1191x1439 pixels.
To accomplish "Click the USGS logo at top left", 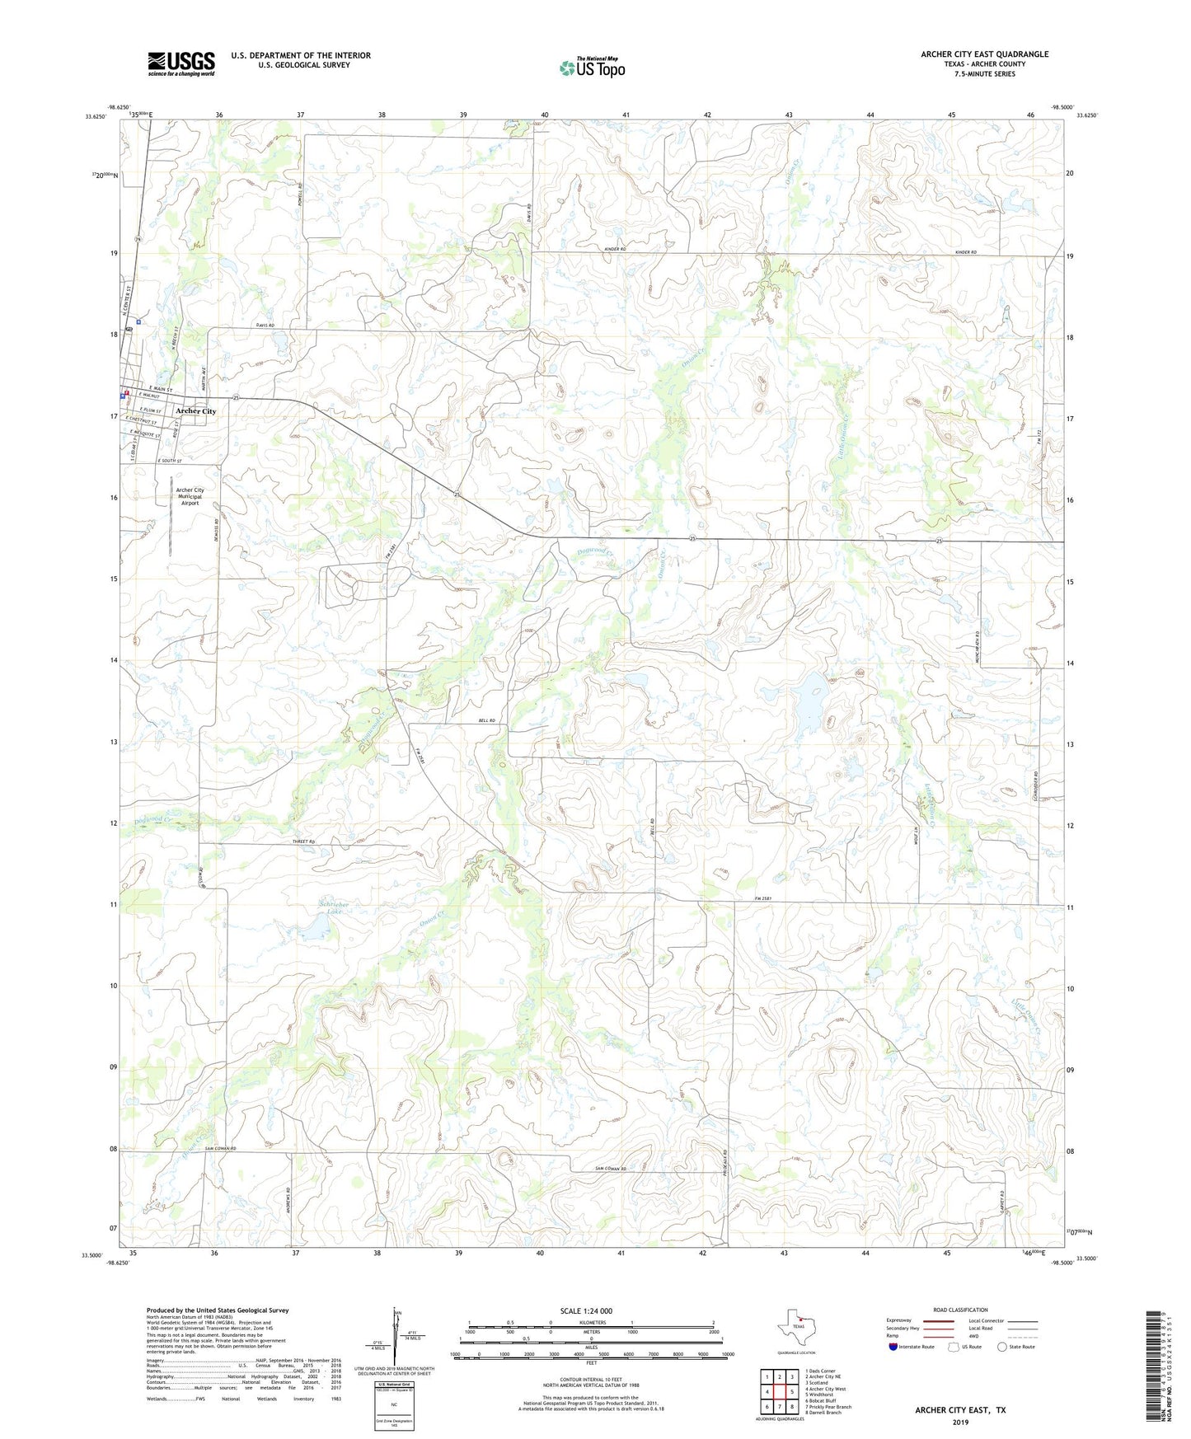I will tap(181, 63).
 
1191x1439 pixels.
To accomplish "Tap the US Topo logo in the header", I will tap(591, 68).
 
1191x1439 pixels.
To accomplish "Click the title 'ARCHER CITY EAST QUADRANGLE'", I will tap(984, 54).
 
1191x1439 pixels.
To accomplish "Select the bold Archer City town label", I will tap(195, 411).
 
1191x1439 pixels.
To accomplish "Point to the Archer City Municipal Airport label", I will tap(190, 496).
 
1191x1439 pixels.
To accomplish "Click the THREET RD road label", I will tap(304, 841).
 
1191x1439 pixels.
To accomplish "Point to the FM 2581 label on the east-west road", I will tap(766, 899).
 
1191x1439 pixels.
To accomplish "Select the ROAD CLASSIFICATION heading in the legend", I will tap(961, 1310).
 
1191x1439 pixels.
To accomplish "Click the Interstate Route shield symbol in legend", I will tap(893, 1347).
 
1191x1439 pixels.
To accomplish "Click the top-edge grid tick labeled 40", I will tap(545, 115).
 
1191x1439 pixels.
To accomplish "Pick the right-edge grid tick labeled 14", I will tap(1069, 663).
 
